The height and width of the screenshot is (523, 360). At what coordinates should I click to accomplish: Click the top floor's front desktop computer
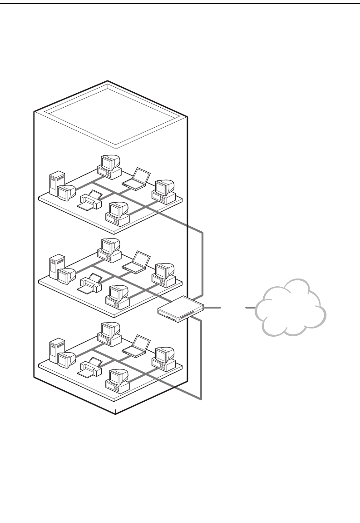[118, 213]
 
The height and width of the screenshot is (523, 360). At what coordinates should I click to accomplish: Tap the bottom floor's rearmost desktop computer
[109, 333]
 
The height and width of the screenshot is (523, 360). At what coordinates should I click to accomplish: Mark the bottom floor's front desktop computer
[118, 380]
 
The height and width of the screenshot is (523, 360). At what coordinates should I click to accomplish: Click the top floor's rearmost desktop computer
[109, 166]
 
